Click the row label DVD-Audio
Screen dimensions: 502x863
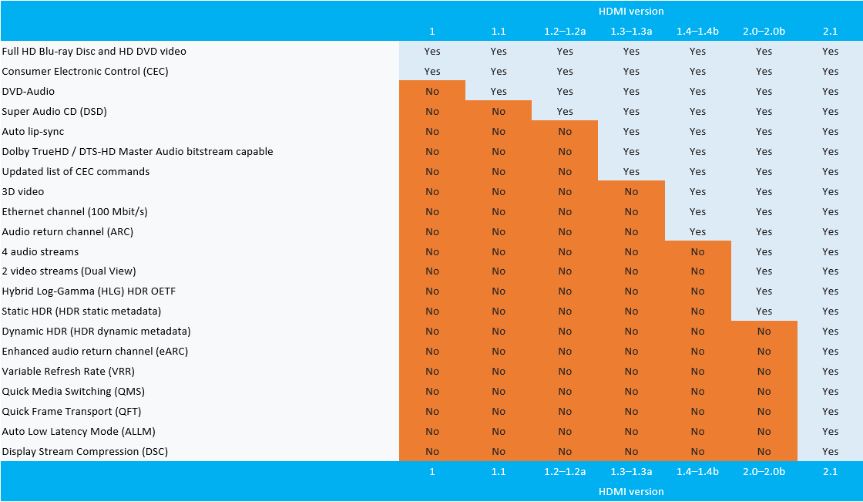click(x=28, y=91)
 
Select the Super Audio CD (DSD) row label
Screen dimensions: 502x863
click(x=54, y=111)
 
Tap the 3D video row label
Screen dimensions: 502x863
click(x=23, y=191)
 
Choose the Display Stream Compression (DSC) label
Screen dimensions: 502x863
click(x=85, y=451)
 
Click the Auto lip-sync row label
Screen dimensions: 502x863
click(x=33, y=131)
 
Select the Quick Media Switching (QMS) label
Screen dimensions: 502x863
click(x=73, y=391)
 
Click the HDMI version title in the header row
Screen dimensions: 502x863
click(x=631, y=12)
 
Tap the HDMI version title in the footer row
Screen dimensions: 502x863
click(x=631, y=491)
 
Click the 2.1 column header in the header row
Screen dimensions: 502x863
click(x=830, y=32)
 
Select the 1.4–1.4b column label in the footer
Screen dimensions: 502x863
click(x=697, y=471)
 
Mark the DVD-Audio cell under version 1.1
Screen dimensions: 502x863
click(x=499, y=91)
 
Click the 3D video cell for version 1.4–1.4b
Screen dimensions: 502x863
click(x=697, y=191)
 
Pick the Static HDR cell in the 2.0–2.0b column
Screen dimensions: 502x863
click(x=764, y=312)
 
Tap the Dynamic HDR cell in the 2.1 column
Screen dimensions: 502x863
click(x=830, y=332)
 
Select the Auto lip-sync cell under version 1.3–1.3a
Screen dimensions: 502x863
click(x=631, y=131)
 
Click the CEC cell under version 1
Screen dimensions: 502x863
click(x=432, y=71)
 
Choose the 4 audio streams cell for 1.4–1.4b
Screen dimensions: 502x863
click(x=697, y=251)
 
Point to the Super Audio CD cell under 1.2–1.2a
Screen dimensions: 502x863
click(x=565, y=111)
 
